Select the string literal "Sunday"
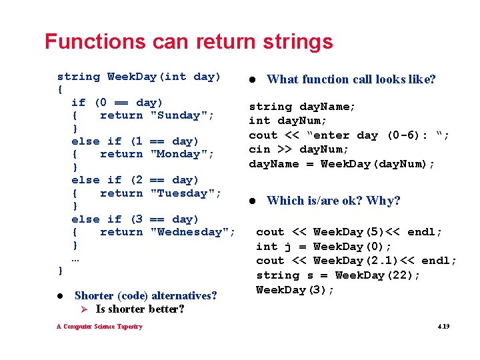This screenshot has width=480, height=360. click(182, 115)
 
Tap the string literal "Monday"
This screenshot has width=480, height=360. click(182, 154)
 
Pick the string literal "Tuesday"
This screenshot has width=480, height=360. click(186, 193)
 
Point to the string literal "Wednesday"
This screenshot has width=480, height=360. click(193, 232)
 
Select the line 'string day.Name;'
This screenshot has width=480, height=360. click(302, 107)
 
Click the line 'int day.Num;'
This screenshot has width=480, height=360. click(287, 121)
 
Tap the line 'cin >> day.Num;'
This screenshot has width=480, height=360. click(298, 149)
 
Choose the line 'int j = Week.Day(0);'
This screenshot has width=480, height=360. click(324, 247)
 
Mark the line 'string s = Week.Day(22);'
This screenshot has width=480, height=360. click(338, 275)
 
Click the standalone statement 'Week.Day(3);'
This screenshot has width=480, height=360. click(295, 290)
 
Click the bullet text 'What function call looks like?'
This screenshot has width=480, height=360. click(351, 79)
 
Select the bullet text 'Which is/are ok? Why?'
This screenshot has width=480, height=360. click(333, 201)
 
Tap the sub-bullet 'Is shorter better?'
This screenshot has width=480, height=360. click(140, 309)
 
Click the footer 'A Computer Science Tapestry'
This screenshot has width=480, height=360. click(99, 327)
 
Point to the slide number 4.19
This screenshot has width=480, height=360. click(443, 327)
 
